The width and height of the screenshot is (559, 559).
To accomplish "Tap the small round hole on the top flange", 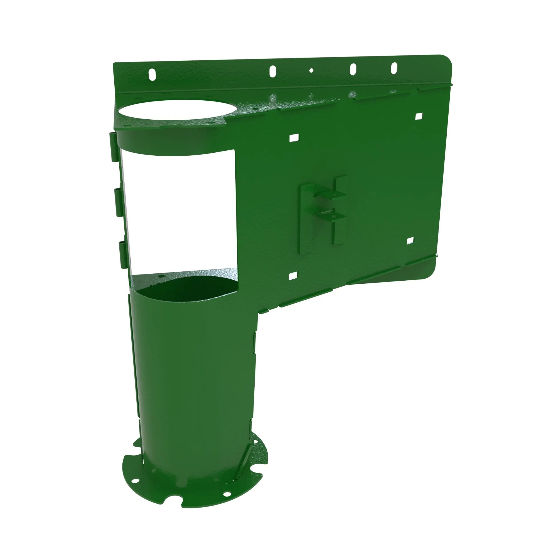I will (x=311, y=70).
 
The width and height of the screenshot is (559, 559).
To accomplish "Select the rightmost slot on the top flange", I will (x=394, y=68).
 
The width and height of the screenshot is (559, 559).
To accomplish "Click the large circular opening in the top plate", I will (x=178, y=110).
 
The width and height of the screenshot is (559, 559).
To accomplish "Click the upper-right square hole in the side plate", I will (x=419, y=116).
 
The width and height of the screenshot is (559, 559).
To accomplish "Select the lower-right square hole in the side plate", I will (x=410, y=240).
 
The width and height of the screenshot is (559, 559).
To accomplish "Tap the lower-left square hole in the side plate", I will (x=293, y=276).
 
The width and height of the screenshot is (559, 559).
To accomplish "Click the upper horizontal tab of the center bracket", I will (x=330, y=193).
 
